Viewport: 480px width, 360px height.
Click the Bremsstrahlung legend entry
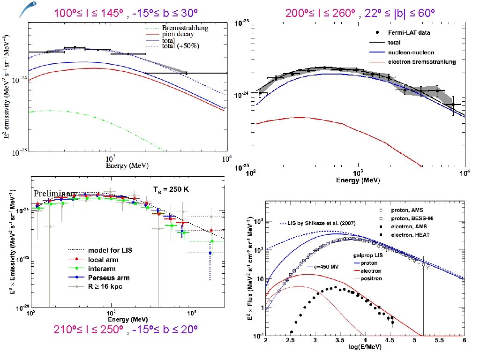pos(185,28)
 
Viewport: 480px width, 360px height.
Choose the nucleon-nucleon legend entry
pos(411,52)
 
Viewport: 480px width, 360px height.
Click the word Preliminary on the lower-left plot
pos(54,194)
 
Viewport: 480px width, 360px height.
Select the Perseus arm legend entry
pos(108,277)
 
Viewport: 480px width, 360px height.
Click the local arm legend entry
pos(103,259)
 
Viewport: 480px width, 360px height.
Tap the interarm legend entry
pos(101,268)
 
